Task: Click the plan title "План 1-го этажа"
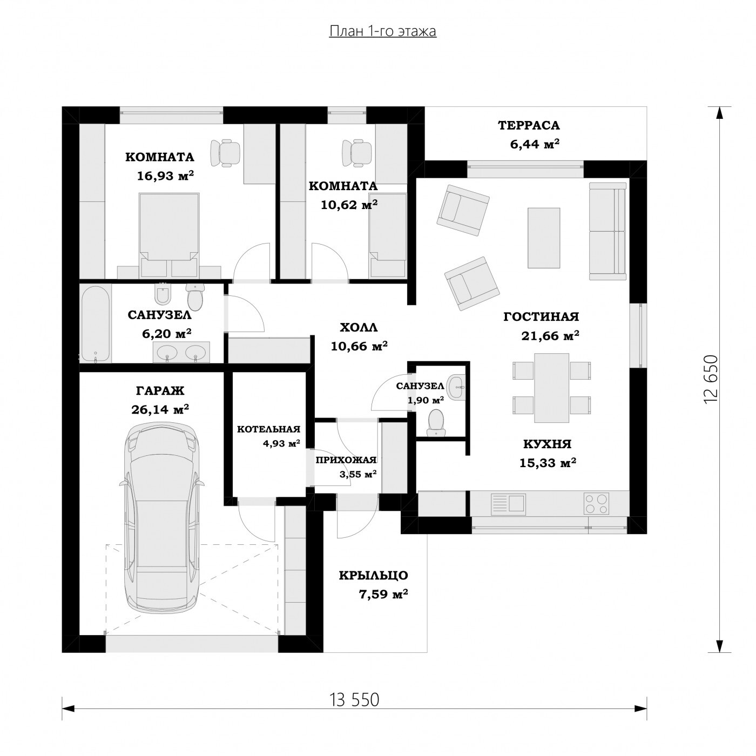pyautogui.click(x=382, y=31)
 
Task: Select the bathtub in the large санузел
pyautogui.click(x=96, y=322)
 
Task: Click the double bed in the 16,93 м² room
pyautogui.click(x=168, y=235)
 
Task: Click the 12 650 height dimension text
pyautogui.click(x=711, y=379)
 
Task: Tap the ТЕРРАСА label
pyautogui.click(x=529, y=125)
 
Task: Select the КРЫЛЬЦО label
pyautogui.click(x=374, y=576)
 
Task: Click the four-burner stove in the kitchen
pyautogui.click(x=596, y=503)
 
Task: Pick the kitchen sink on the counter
pyautogui.click(x=509, y=503)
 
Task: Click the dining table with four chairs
pyautogui.click(x=551, y=388)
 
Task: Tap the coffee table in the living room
pyautogui.click(x=544, y=238)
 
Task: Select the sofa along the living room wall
pyautogui.click(x=607, y=231)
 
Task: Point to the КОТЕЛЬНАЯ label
pyautogui.click(x=269, y=429)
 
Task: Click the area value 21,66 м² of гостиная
pyautogui.click(x=550, y=335)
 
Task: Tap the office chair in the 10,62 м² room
pyautogui.click(x=356, y=152)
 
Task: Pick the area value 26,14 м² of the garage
pyautogui.click(x=160, y=409)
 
